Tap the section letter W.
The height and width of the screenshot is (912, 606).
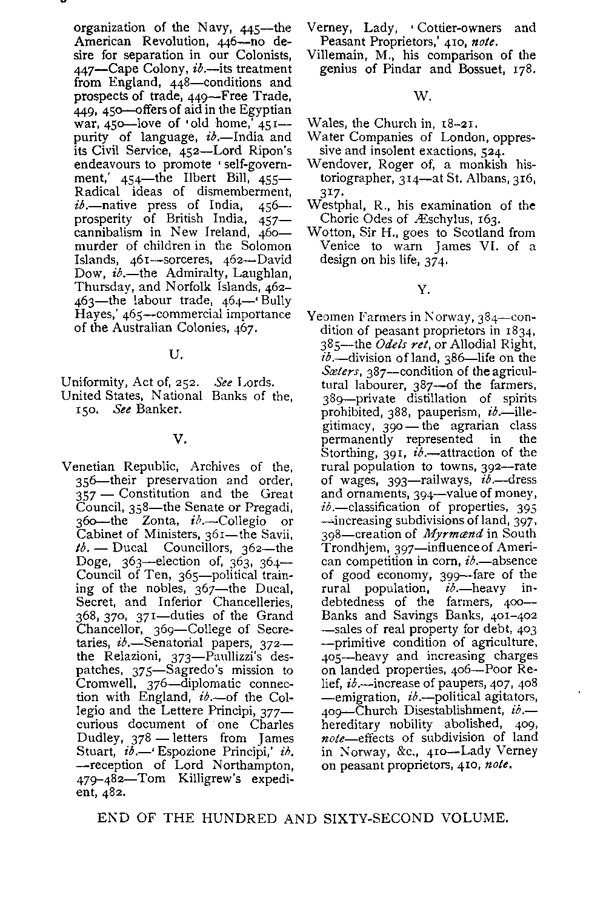(x=422, y=96)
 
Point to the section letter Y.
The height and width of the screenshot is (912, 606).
(x=422, y=290)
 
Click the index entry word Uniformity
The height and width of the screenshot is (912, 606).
(x=92, y=382)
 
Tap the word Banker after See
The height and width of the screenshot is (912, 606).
(x=158, y=410)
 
